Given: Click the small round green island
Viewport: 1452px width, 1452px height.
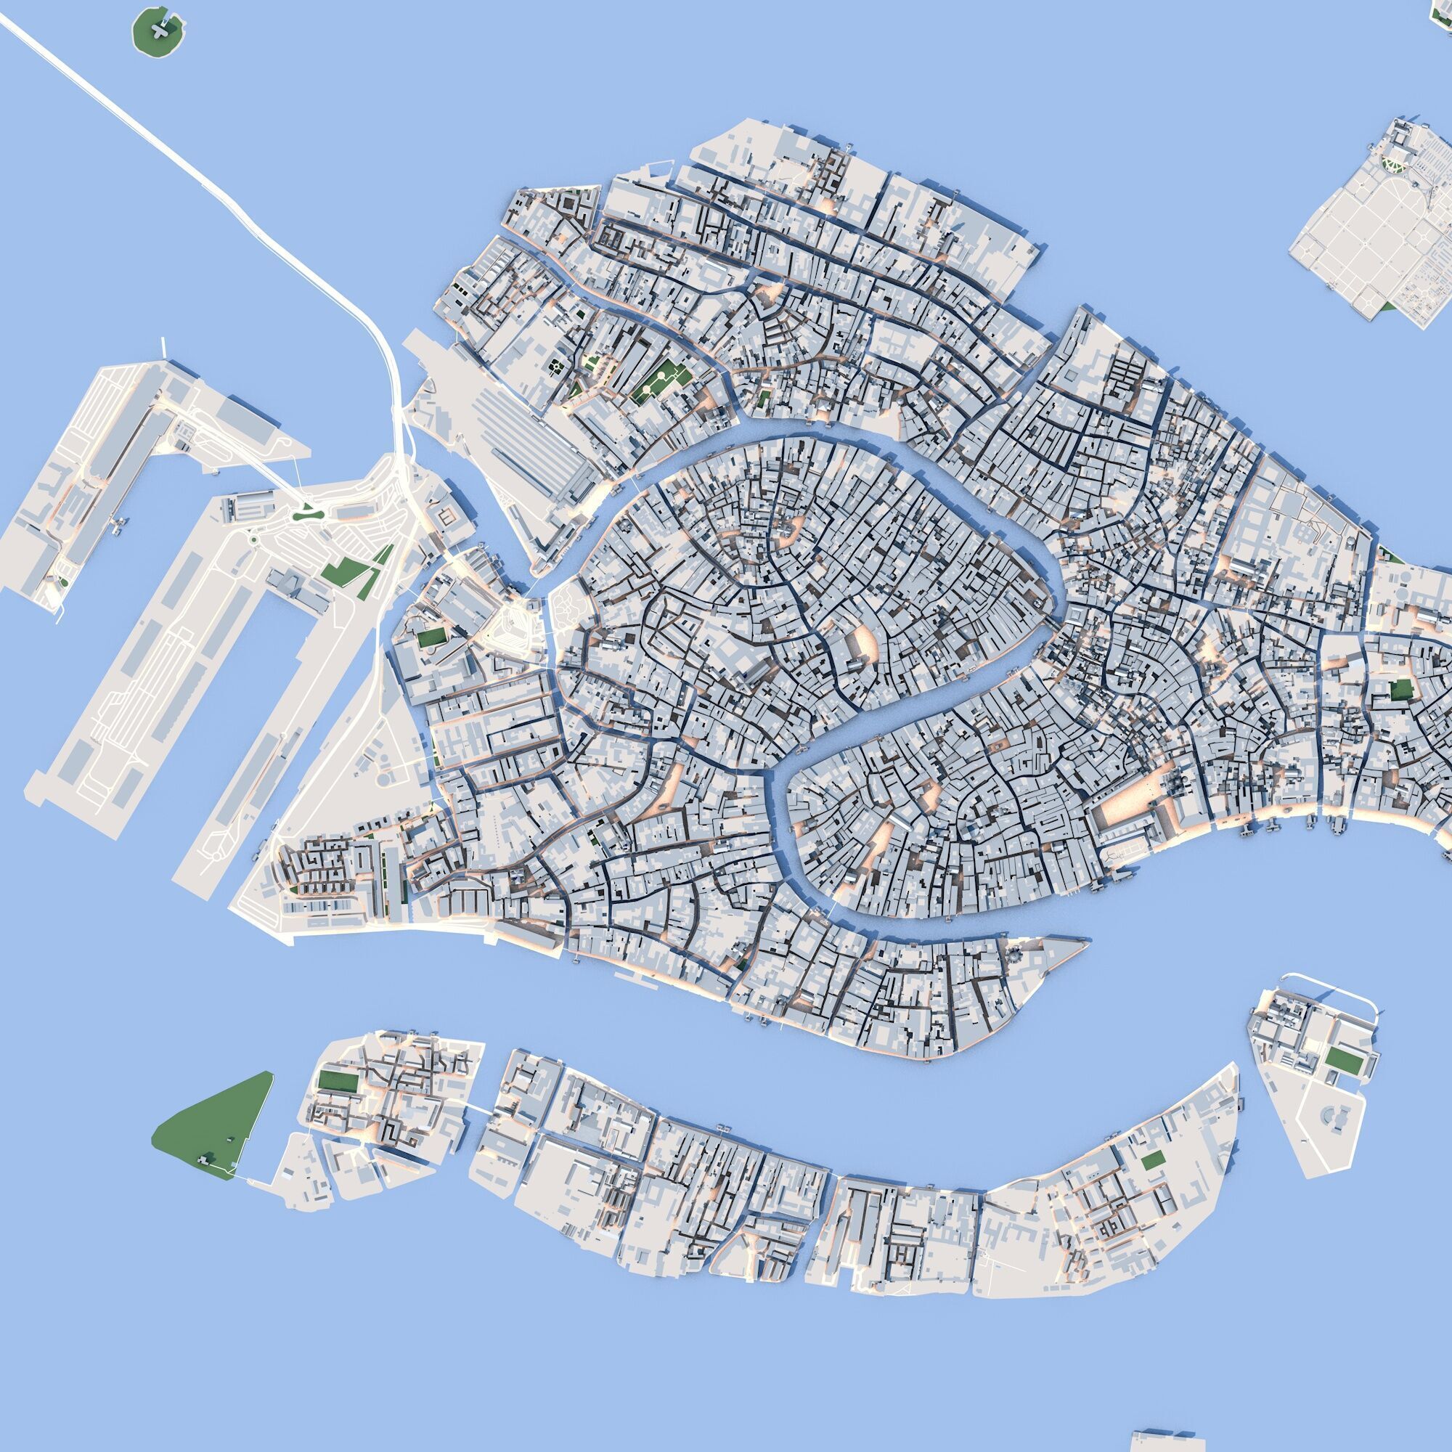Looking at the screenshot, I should pyautogui.click(x=158, y=30).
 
